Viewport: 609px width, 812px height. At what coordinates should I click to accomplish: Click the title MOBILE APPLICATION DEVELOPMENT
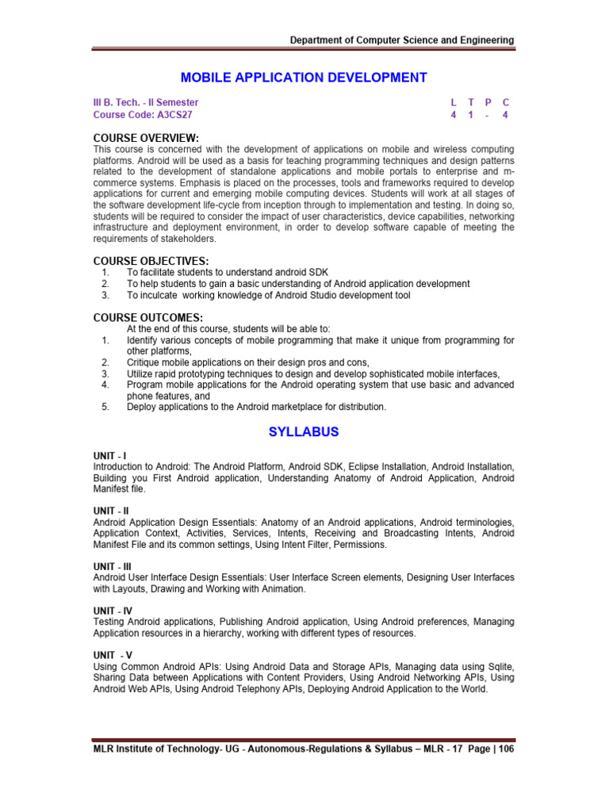point(304,77)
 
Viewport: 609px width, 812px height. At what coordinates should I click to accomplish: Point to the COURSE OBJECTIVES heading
point(151,261)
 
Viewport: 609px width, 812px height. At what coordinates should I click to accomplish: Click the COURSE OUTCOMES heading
point(147,318)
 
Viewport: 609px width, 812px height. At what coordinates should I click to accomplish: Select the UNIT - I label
point(109,456)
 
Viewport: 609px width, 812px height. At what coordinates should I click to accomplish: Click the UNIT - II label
point(110,511)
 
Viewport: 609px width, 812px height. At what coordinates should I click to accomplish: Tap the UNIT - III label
point(112,566)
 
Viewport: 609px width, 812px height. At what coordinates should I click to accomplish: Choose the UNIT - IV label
point(112,611)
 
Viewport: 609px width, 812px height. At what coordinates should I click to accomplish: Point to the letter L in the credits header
point(454,102)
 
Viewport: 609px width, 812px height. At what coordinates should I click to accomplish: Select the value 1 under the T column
point(471,114)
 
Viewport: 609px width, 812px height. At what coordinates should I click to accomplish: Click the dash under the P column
point(488,114)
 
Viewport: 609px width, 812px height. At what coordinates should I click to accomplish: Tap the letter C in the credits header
point(505,102)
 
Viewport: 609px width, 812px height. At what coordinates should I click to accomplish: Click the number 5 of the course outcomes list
point(105,407)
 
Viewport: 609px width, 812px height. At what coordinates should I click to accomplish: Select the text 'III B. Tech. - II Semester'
point(146,102)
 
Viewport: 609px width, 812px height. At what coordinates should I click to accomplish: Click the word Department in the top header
point(317,40)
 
